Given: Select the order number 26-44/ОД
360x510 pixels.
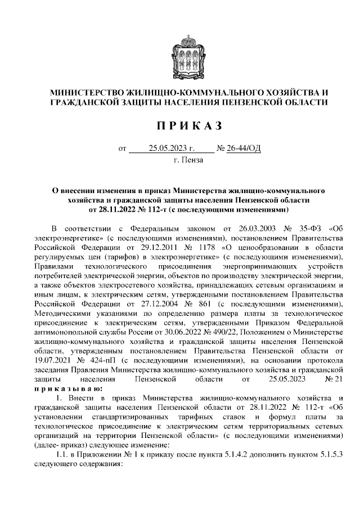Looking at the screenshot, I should tap(244, 149).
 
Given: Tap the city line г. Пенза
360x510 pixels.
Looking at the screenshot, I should tap(188, 160).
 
